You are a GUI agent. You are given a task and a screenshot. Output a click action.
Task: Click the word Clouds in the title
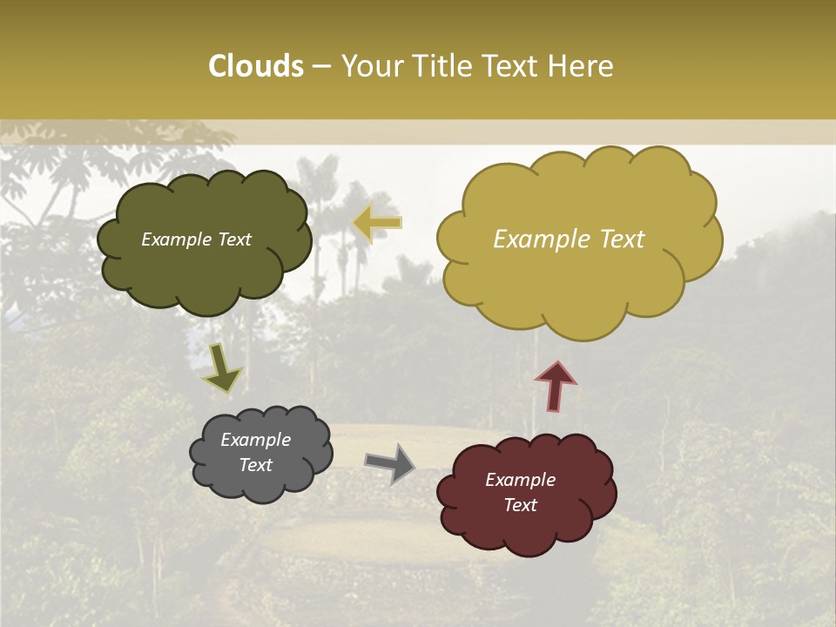(x=256, y=66)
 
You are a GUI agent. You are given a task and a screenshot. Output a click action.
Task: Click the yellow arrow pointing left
(x=377, y=223)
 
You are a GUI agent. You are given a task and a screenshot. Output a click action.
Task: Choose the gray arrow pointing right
(x=389, y=462)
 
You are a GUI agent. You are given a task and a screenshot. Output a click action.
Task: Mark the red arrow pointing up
(x=555, y=386)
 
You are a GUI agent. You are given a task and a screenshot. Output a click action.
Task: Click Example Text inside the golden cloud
(x=569, y=239)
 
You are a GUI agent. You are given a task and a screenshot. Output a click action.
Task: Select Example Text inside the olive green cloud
(x=196, y=239)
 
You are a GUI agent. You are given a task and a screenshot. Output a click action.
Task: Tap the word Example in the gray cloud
(x=255, y=440)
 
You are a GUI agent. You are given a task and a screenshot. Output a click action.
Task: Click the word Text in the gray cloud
(x=255, y=465)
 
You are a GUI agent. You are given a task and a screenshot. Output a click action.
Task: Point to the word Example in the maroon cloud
(x=520, y=480)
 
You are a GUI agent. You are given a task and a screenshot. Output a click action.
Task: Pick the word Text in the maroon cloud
(x=520, y=505)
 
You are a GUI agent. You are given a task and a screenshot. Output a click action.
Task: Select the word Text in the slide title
(x=515, y=66)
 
